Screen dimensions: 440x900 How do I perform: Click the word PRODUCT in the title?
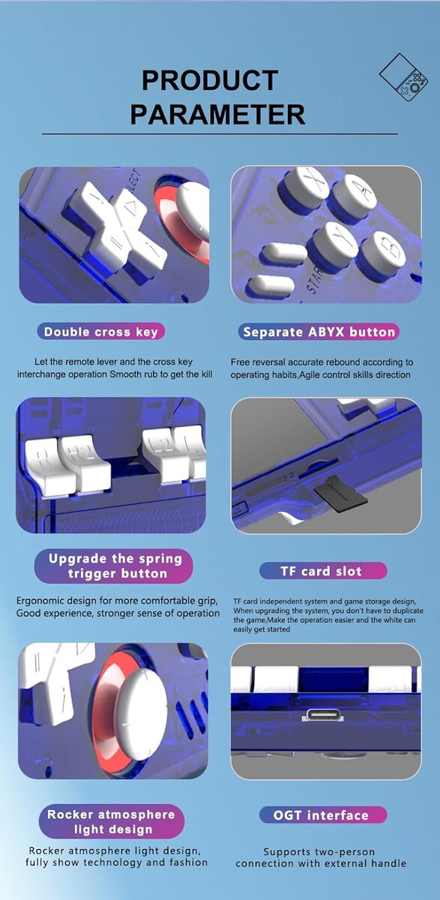pos(210,80)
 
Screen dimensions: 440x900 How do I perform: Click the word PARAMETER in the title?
pos(217,114)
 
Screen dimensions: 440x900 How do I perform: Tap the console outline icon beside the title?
pos(403,77)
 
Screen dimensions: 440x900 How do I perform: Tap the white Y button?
pos(336,241)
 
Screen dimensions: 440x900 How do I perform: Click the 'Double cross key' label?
pos(100,331)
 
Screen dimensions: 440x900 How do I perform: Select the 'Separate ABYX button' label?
pos(319,332)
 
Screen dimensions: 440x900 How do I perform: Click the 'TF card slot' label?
pos(323,571)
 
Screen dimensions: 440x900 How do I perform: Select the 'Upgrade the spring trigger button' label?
pos(114,566)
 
